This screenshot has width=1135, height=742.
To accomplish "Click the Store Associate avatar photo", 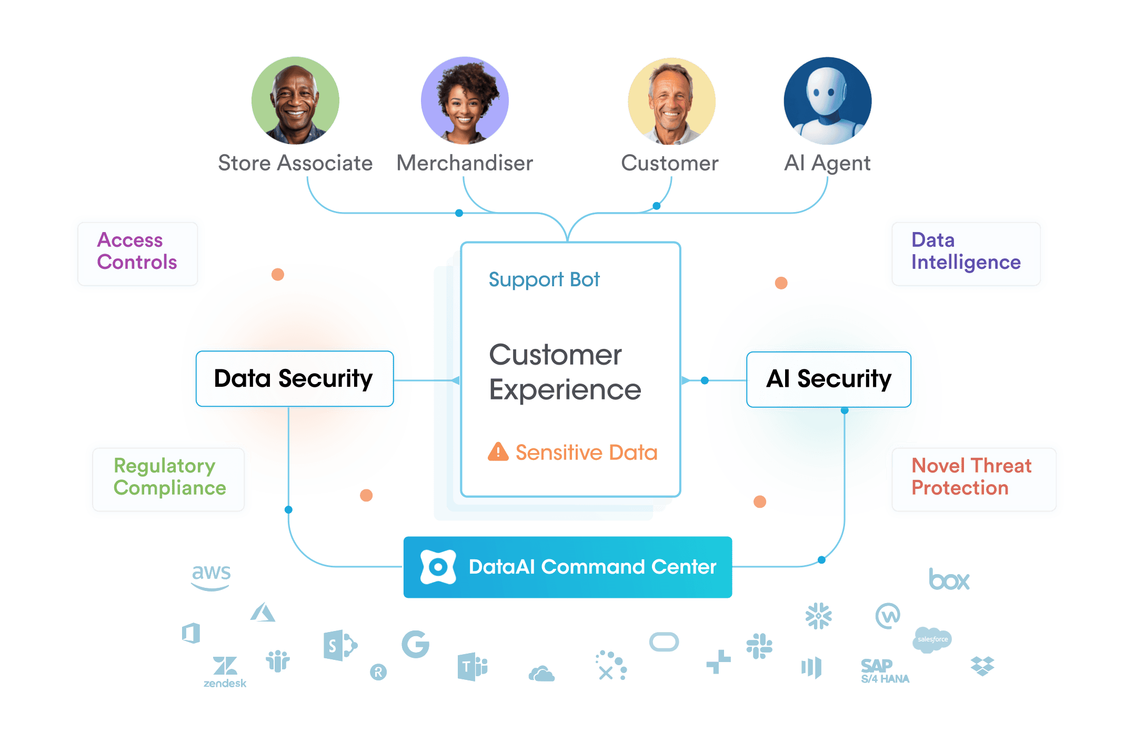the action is click(295, 101).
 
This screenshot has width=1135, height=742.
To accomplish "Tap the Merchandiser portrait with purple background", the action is click(465, 101).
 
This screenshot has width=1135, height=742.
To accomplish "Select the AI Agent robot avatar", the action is click(828, 101).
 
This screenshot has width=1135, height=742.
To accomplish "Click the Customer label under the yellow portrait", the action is click(669, 163).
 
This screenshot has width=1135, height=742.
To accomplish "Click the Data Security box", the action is click(295, 379).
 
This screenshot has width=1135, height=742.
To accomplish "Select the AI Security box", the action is click(829, 379).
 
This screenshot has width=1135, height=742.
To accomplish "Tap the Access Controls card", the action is click(137, 254).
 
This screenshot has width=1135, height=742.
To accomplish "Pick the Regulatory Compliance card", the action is click(168, 479).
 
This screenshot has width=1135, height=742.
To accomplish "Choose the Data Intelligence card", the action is click(966, 254).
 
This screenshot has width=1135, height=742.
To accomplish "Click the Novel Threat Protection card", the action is click(974, 479).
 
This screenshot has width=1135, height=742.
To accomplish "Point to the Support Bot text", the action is click(544, 280).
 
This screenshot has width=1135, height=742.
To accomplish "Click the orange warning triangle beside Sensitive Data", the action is click(498, 452).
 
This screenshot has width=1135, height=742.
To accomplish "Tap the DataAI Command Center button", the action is click(568, 567).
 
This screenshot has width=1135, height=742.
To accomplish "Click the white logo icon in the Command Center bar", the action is click(438, 567).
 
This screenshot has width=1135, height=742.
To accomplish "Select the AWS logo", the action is click(211, 577).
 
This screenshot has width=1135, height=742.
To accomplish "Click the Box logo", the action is click(949, 579).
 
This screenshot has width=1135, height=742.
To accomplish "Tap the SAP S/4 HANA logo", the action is click(885, 671).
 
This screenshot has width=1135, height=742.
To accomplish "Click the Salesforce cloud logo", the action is click(932, 640).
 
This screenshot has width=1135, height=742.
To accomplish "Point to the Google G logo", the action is click(416, 644).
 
